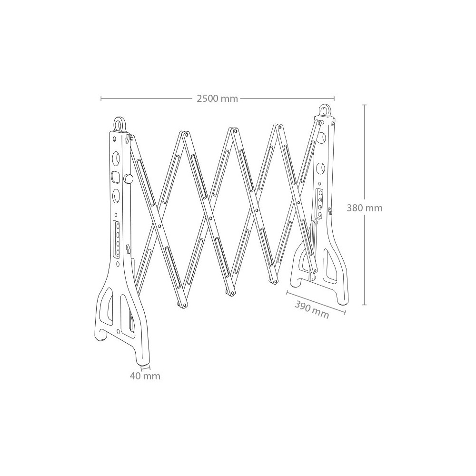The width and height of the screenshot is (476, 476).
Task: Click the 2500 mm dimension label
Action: pyautogui.click(x=218, y=99)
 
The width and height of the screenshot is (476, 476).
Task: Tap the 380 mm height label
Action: pyautogui.click(x=365, y=208)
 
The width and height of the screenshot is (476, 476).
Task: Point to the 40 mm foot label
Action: pyautogui.click(x=145, y=376)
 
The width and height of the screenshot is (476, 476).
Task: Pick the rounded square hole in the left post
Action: pyautogui.click(x=116, y=177)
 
